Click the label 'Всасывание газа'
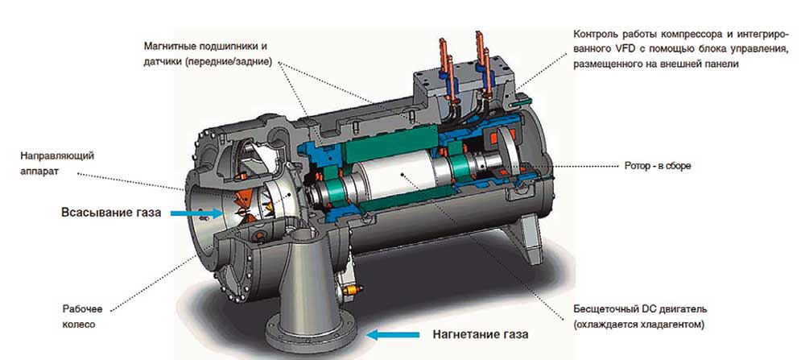[111, 213]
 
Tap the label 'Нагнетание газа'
[481, 335]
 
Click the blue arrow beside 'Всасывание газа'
[197, 213]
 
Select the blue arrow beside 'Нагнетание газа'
[394, 335]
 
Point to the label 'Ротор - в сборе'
[658, 167]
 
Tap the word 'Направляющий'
[57, 155]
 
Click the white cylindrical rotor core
[397, 176]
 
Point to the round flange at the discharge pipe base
[312, 333]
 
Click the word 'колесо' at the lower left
[79, 325]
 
